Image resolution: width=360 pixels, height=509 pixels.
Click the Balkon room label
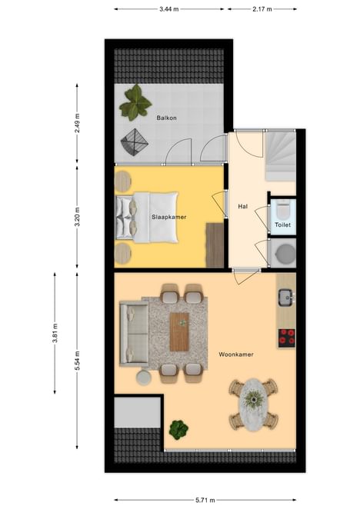166,118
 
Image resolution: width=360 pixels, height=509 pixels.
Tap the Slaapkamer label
169,217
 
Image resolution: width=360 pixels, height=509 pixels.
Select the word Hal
243,206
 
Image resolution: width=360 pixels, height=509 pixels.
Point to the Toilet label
282,225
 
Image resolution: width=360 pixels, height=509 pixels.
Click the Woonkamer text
236,354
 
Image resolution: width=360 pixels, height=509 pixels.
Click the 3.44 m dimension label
169,9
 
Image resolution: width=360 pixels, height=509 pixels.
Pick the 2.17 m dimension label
262,9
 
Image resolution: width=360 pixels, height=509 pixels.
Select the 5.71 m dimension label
205,500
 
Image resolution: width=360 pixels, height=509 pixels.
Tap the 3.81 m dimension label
55,333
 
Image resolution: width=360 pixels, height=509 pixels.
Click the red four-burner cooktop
287,337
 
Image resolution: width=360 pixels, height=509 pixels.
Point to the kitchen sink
286,297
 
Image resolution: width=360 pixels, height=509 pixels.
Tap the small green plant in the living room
178,430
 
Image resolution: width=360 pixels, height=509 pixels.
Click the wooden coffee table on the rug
180,331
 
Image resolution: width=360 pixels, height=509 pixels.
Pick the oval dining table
253,404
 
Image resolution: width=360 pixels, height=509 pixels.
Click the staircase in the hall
281,155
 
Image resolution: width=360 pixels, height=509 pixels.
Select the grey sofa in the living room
134,334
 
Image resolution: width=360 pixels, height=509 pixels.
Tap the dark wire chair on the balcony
134,142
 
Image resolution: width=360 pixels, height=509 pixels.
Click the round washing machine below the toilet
285,254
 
